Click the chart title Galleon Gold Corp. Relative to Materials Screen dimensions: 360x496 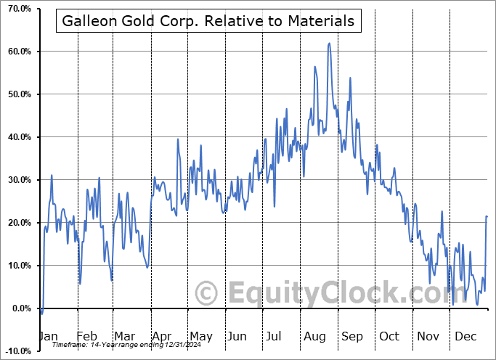click(x=208, y=21)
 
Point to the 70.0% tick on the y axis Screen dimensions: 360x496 click(x=17, y=9)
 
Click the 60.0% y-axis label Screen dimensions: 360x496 click(x=17, y=52)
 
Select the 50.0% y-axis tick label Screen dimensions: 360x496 click(x=17, y=94)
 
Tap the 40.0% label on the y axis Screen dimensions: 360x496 click(x=17, y=137)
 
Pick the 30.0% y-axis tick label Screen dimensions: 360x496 click(x=17, y=180)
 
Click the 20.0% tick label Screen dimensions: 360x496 click(x=17, y=223)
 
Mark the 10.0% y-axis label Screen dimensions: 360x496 click(x=17, y=266)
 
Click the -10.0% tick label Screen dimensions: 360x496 click(x=16, y=351)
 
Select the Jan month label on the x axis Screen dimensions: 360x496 click(x=48, y=336)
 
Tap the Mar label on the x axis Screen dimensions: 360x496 click(x=124, y=336)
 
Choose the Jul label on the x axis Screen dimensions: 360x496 click(x=275, y=336)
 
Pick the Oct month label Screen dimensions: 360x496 click(x=389, y=336)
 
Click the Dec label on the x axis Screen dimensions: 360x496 click(x=465, y=336)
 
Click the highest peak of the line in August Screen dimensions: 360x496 click(x=329, y=44)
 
